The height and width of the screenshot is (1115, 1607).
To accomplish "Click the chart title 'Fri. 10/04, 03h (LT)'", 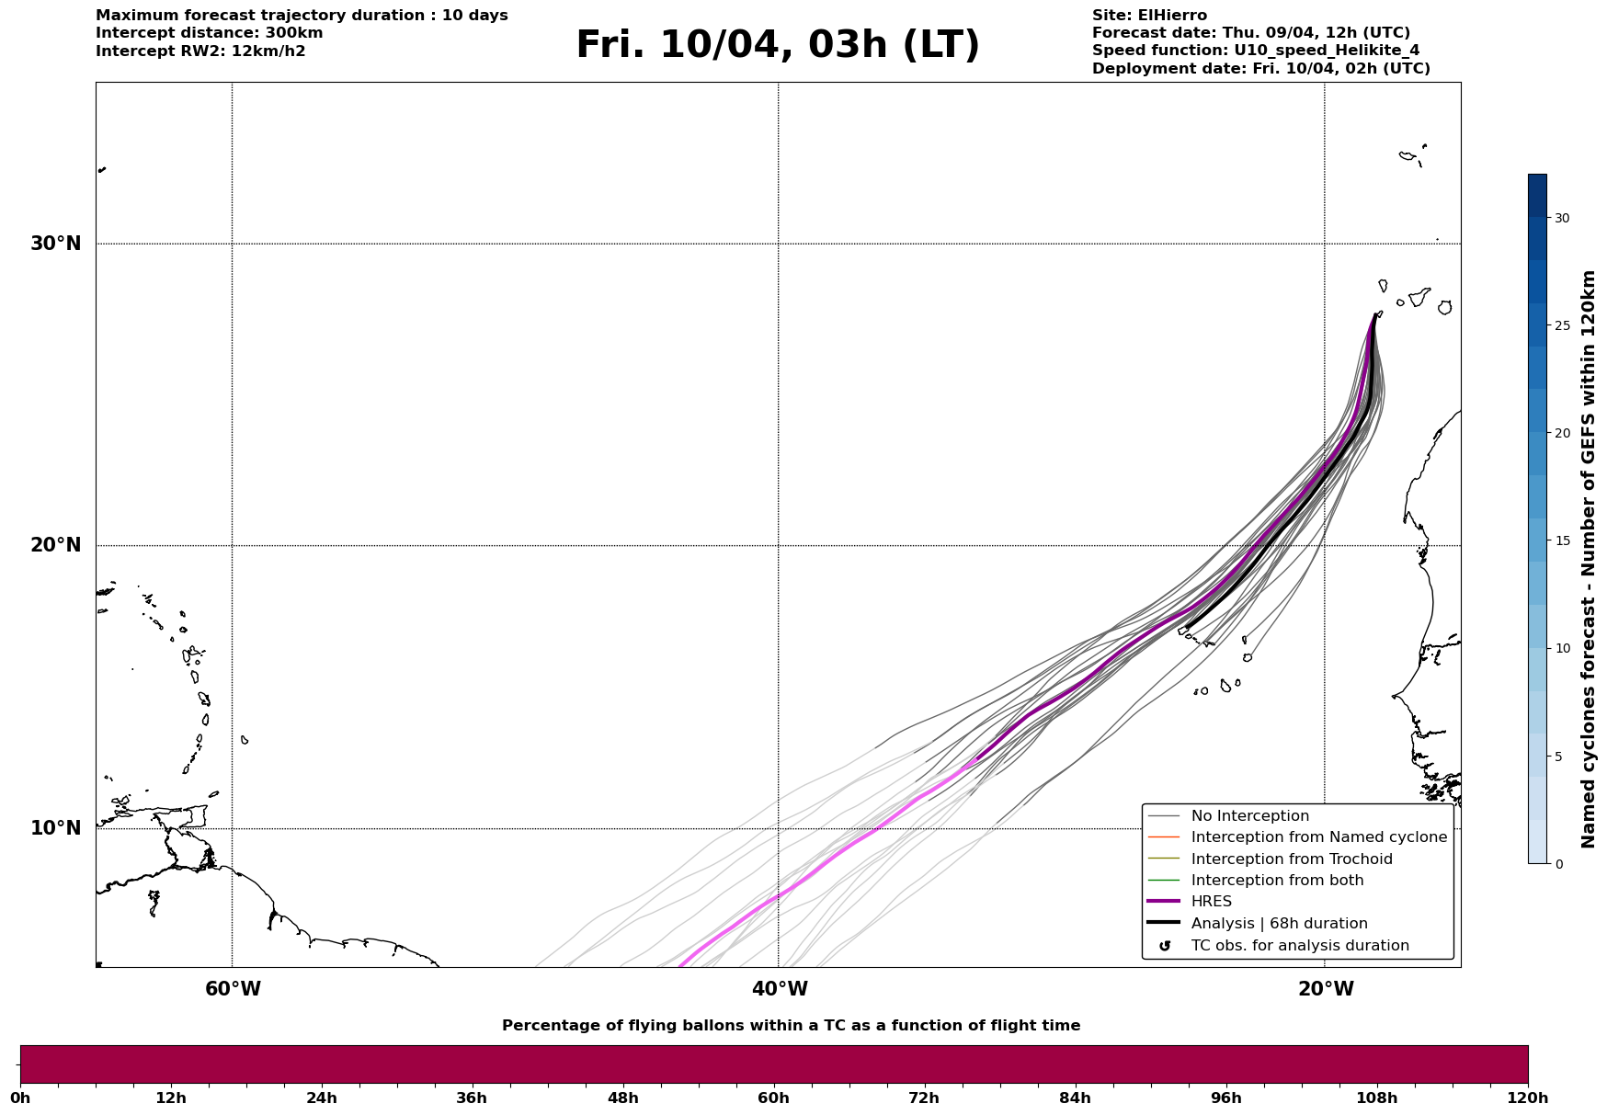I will point(778,45).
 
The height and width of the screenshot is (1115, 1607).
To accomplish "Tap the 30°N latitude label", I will point(55,244).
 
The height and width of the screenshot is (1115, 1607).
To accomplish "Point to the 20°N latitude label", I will point(55,545).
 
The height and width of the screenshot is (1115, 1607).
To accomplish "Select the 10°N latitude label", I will point(55,828).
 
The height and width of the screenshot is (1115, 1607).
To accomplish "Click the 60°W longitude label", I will point(233,989).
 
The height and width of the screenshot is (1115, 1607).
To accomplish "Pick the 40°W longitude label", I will point(780,989).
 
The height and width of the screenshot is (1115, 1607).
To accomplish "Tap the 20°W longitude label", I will point(1326,989).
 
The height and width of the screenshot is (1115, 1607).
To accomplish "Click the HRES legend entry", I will point(1211,902).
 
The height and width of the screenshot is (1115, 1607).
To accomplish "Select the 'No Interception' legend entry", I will point(1249,816).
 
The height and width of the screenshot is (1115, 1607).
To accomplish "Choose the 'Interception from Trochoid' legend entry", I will point(1291,859).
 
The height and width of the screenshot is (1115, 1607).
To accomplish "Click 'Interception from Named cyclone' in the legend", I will point(1318,837).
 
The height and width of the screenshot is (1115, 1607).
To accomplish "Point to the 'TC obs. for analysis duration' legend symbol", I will point(1165,946).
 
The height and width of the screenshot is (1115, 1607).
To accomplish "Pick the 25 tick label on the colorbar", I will point(1562,325).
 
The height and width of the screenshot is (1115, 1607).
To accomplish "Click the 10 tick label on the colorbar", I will point(1562,648).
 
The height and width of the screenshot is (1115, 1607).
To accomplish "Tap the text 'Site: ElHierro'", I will point(1149,16).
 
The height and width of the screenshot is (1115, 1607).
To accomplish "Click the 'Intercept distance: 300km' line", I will point(209,33).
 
